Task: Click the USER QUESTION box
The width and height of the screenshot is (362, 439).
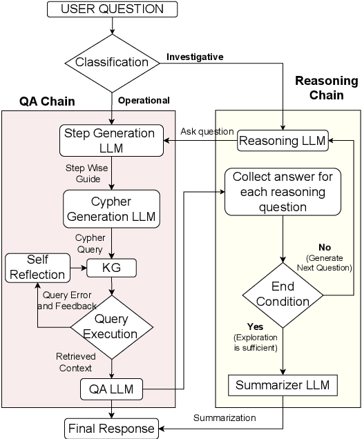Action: point(112,10)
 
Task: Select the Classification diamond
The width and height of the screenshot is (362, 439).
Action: point(112,62)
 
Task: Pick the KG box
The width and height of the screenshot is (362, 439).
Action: point(112,266)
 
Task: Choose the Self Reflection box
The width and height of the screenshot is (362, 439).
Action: point(37,266)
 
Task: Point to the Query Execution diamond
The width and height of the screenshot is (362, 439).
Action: point(112,327)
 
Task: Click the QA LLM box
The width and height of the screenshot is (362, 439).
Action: point(112,390)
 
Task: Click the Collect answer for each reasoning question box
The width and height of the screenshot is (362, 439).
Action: point(283,192)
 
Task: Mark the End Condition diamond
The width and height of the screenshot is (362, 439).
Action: point(283,294)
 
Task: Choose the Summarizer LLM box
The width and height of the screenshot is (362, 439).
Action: point(283,384)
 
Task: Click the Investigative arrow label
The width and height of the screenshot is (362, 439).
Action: point(195,57)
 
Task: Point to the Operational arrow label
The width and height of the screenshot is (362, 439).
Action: point(144,100)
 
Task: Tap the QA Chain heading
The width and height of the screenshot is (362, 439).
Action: point(47,101)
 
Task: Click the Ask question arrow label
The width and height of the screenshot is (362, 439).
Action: point(205,131)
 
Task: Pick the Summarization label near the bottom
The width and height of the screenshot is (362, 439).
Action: point(224,418)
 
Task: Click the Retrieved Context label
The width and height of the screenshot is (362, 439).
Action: point(75,362)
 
